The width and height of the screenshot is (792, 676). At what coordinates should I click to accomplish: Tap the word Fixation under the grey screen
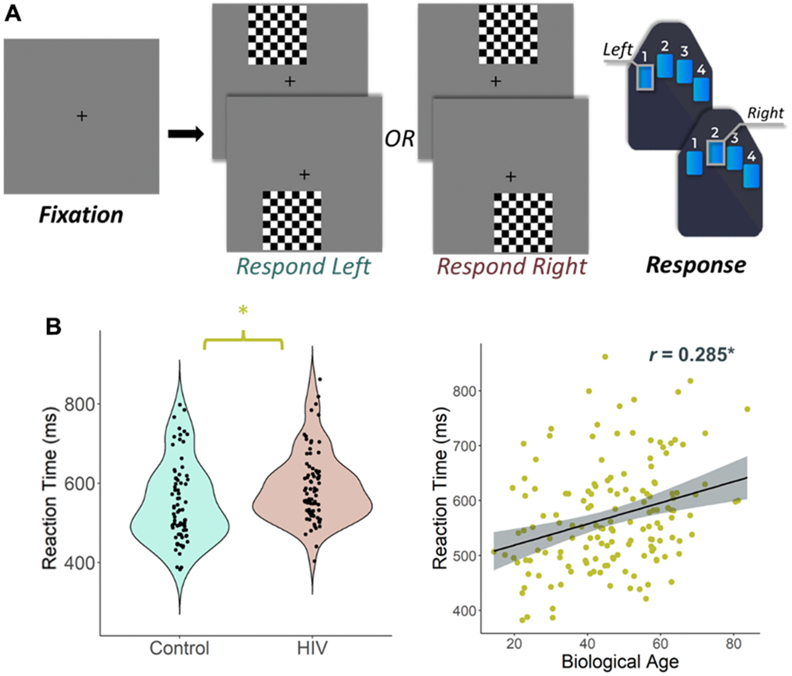pos(81,215)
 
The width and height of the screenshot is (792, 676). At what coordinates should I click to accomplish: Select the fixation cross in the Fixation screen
pos(82,116)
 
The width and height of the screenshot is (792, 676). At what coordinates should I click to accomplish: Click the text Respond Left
pos(304,266)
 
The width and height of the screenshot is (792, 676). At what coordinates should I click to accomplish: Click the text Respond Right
pos(511,266)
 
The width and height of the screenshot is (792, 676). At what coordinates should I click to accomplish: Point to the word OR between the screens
pos(399,139)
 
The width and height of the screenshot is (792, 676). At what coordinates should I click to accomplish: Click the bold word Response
pos(696,265)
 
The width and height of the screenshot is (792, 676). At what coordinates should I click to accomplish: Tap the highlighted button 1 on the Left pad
pos(644,77)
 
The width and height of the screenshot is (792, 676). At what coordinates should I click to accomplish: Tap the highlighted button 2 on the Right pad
pos(715,153)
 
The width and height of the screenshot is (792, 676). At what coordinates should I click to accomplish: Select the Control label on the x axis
pos(179,648)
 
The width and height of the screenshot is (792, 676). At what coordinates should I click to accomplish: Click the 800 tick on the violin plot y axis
pos(79,404)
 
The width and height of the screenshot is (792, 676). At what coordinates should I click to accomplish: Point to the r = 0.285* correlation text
pos(692,356)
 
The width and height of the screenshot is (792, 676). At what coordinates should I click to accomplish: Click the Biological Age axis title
pos(619,661)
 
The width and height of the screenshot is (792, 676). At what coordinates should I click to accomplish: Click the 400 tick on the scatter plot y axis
pos(466,611)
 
